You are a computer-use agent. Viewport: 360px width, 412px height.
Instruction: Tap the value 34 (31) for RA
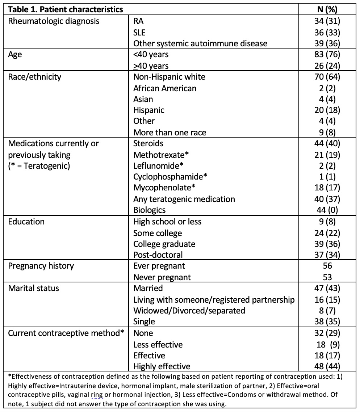pos(327,21)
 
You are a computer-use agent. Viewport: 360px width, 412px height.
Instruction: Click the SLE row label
pos(140,33)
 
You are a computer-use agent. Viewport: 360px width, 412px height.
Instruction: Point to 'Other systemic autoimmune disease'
pos(200,43)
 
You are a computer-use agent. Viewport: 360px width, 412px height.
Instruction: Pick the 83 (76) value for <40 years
pos(327,55)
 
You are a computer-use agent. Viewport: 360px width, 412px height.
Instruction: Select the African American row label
pos(165,88)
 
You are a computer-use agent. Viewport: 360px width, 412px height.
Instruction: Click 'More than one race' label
pos(169,133)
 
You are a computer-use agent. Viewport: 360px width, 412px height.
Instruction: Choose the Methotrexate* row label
pos(162,155)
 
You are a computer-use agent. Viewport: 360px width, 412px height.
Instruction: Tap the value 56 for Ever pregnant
pos(327,266)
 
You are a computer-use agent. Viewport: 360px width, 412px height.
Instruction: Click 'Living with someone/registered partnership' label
pos(214,299)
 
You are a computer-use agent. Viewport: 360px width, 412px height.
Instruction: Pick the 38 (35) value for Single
pos(327,321)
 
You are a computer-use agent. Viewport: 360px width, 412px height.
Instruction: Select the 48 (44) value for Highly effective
pos(327,366)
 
